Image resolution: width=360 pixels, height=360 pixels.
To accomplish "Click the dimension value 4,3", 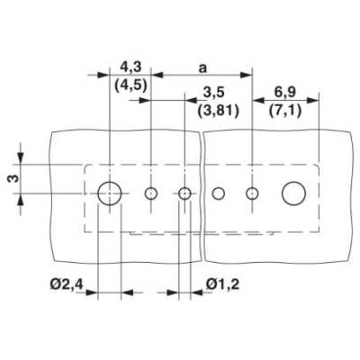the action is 130,67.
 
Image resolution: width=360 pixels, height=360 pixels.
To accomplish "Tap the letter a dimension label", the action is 203,68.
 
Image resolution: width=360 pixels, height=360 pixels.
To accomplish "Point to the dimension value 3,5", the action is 213,93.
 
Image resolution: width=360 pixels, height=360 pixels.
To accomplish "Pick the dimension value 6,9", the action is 285,93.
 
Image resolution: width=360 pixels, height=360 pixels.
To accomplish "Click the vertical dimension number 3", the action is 13,178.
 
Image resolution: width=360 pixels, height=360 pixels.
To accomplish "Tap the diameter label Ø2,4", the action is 67,283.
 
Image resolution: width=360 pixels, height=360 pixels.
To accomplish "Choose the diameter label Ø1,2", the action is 222,283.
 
